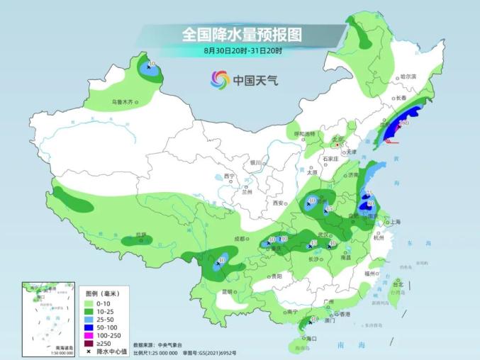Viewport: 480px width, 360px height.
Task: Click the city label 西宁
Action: click(x=228, y=176)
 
